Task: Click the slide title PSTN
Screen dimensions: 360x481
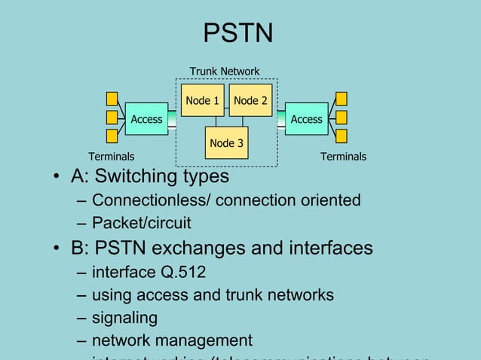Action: click(x=238, y=33)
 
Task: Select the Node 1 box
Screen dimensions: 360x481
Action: click(x=202, y=100)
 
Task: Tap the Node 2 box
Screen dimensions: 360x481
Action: click(x=250, y=100)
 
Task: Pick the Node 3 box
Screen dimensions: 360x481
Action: click(x=226, y=143)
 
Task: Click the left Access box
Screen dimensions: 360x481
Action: click(x=146, y=119)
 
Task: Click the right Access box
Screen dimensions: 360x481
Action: click(x=306, y=119)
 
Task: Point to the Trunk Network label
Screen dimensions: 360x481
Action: click(x=224, y=72)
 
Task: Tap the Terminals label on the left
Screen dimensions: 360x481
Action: click(x=112, y=157)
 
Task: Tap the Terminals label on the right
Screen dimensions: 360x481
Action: click(x=343, y=157)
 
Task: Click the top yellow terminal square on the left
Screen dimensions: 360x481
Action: click(x=112, y=99)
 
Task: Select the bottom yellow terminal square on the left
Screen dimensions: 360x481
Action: click(x=112, y=136)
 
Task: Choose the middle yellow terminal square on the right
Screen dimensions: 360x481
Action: click(x=342, y=117)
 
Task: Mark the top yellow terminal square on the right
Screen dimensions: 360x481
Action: click(x=342, y=99)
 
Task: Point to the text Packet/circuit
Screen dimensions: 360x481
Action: click(x=141, y=224)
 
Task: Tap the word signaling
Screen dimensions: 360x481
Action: click(x=124, y=318)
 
